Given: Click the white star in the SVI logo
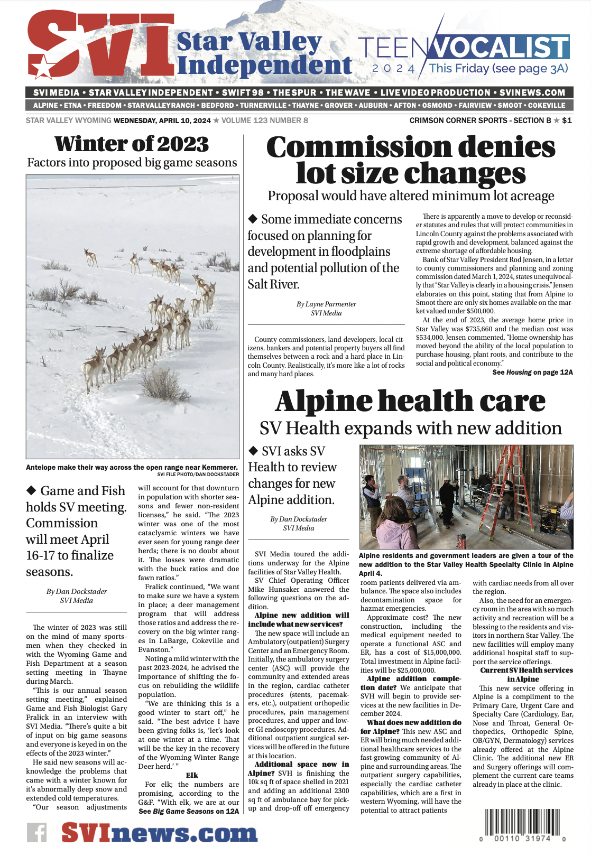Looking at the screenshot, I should tap(42, 68).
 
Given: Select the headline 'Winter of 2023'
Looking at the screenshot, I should tap(132, 144).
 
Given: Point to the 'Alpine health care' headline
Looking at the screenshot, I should tap(410, 401).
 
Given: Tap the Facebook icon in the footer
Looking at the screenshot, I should tap(37, 833).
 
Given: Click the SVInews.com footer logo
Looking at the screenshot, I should tap(159, 833).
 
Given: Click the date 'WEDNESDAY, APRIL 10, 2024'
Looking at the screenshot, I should tap(162, 120).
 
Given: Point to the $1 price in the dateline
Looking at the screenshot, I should tap(567, 120).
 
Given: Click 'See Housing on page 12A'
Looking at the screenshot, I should tap(532, 372).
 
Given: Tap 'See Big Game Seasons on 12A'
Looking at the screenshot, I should tap(188, 811).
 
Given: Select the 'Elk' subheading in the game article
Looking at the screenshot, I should tap(192, 775).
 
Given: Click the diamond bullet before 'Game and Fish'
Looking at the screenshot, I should tap(31, 490).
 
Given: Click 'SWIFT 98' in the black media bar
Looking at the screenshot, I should tap(243, 92).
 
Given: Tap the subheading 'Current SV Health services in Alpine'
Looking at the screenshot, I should tap(526, 675).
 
